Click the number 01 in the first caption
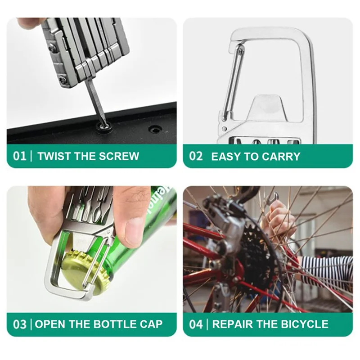click(x=20, y=156)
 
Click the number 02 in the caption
click(x=196, y=156)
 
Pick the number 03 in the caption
click(x=20, y=324)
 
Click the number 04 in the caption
click(x=196, y=324)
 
